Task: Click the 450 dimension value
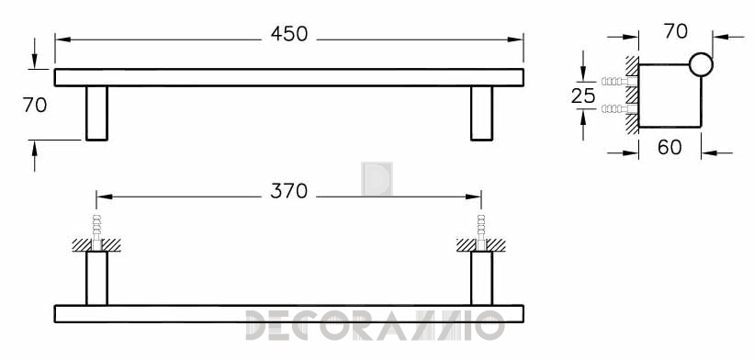289,34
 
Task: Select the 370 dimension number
288,191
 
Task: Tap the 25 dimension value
583,96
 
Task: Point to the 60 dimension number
670,147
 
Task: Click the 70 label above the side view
676,32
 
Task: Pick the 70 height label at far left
35,106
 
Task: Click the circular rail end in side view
701,64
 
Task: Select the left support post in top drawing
96,114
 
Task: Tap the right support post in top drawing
481,114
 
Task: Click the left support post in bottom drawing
96,278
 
